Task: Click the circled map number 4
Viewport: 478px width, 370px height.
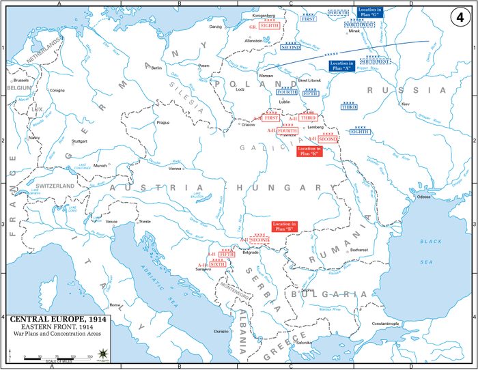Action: (460, 15)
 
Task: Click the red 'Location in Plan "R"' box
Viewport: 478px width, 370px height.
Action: (309, 151)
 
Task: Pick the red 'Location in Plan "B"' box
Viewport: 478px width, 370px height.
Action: (285, 227)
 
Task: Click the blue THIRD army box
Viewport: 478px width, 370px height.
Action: (350, 107)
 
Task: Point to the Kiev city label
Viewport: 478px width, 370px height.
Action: (406, 104)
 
